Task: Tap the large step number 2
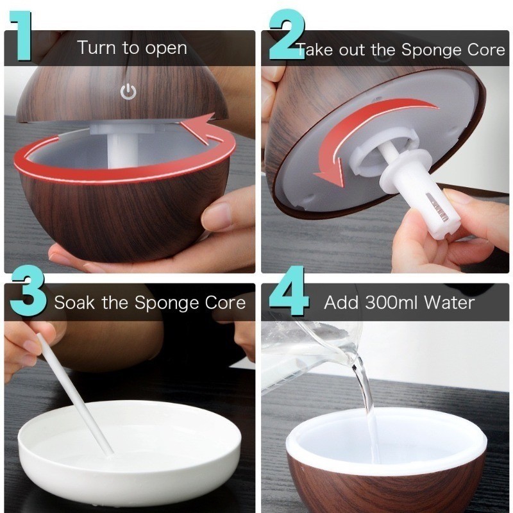287,35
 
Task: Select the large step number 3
28,290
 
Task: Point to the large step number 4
289,290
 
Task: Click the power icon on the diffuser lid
128,91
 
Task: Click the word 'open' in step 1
166,49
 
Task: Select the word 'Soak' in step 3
74,302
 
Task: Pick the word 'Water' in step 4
450,302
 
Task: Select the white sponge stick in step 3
74,394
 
